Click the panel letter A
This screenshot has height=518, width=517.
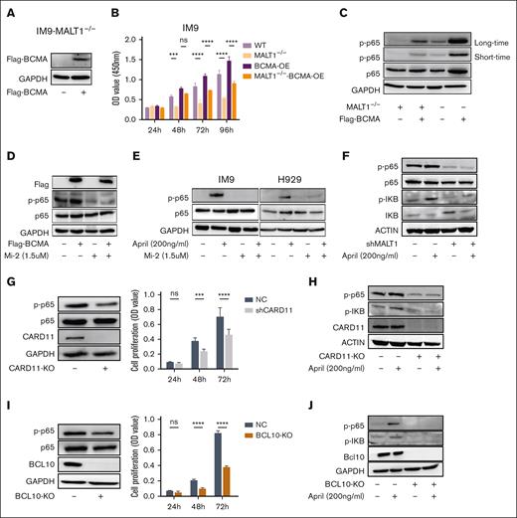coord(7,9)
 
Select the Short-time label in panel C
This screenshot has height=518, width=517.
coord(487,56)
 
